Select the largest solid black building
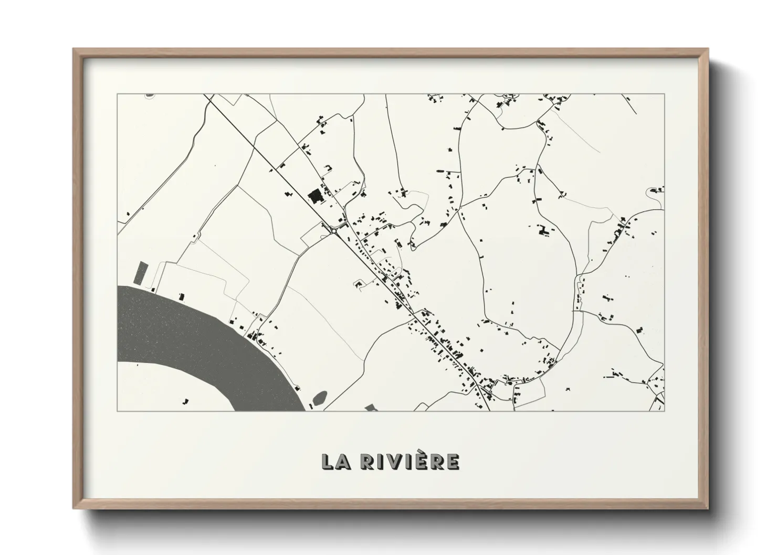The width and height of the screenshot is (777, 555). pos(316,197)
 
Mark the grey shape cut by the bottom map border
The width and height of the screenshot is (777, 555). pos(371,408)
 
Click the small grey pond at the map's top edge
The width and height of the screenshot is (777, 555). pos(150,95)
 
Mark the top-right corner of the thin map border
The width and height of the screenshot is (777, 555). pos(664,94)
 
